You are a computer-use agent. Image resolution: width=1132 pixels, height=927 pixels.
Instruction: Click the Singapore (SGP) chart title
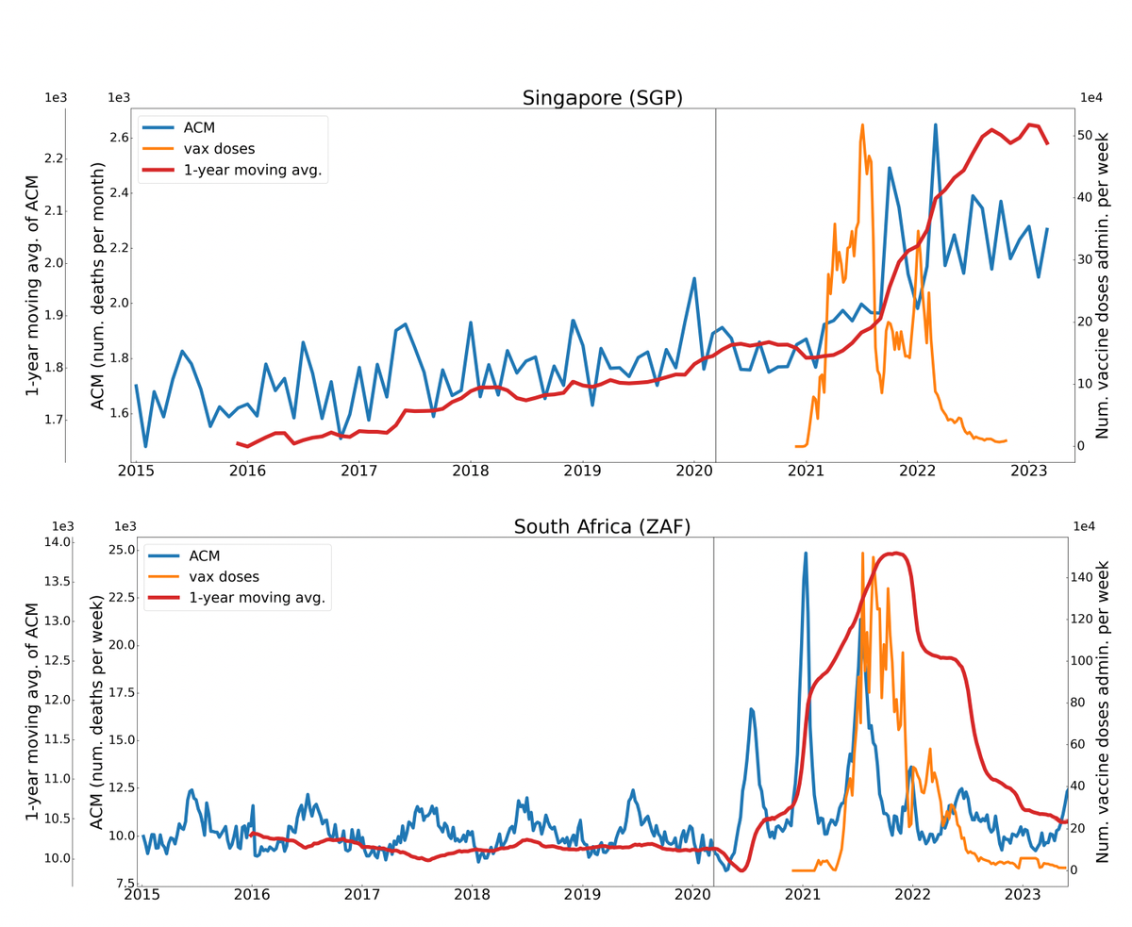[602, 98]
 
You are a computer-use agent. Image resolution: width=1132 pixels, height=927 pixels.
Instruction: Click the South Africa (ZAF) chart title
[602, 527]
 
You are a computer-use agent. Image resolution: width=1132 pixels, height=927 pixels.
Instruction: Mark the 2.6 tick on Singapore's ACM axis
[119, 138]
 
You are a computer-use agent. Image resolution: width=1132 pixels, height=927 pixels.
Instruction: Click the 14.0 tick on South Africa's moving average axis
[56, 542]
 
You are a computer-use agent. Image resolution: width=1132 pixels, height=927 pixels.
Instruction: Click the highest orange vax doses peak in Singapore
[862, 124]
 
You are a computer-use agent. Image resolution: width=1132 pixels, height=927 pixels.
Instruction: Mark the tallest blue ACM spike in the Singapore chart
[935, 124]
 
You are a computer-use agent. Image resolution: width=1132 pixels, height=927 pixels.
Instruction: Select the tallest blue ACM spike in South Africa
[806, 554]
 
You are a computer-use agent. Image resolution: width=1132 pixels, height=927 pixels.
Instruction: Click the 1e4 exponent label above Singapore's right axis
[1091, 98]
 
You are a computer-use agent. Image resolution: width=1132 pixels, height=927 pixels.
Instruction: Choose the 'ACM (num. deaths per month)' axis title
[97, 293]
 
